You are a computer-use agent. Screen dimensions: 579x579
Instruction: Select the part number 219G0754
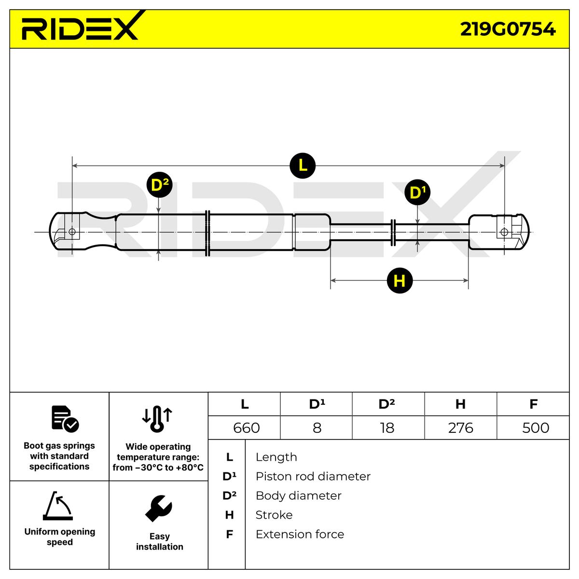(508, 29)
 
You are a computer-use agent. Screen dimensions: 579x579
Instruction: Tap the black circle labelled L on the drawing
(303, 165)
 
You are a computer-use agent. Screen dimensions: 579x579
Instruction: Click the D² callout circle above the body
(159, 185)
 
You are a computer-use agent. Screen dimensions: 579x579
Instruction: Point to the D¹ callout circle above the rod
(417, 193)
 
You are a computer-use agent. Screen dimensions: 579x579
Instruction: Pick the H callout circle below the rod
(400, 280)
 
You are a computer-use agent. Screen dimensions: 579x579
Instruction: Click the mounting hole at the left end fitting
(72, 232)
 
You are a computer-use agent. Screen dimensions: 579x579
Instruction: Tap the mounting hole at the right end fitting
(504, 232)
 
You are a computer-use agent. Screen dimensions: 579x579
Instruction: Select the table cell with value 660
(246, 427)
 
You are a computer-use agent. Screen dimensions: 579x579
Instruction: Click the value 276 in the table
(460, 427)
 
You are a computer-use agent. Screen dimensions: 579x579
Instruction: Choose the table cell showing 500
(535, 427)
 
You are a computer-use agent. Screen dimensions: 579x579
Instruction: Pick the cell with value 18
(387, 427)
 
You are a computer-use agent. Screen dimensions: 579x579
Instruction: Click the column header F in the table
(533, 404)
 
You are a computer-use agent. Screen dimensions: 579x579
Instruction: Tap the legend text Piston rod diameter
(313, 476)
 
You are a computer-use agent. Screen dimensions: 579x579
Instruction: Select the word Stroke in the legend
(274, 515)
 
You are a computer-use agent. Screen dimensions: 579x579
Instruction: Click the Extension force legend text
(300, 534)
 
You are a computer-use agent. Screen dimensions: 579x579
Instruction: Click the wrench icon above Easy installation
(158, 508)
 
